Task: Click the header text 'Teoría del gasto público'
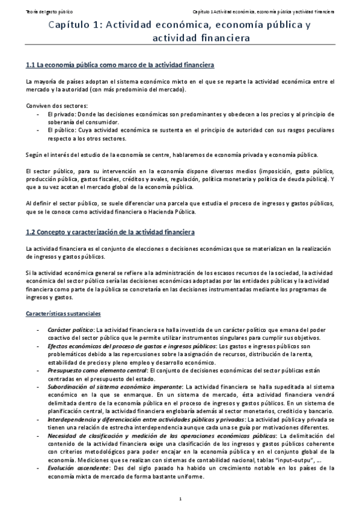pyautogui.click(x=34, y=11)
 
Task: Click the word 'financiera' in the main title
pyautogui.click(x=223, y=38)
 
